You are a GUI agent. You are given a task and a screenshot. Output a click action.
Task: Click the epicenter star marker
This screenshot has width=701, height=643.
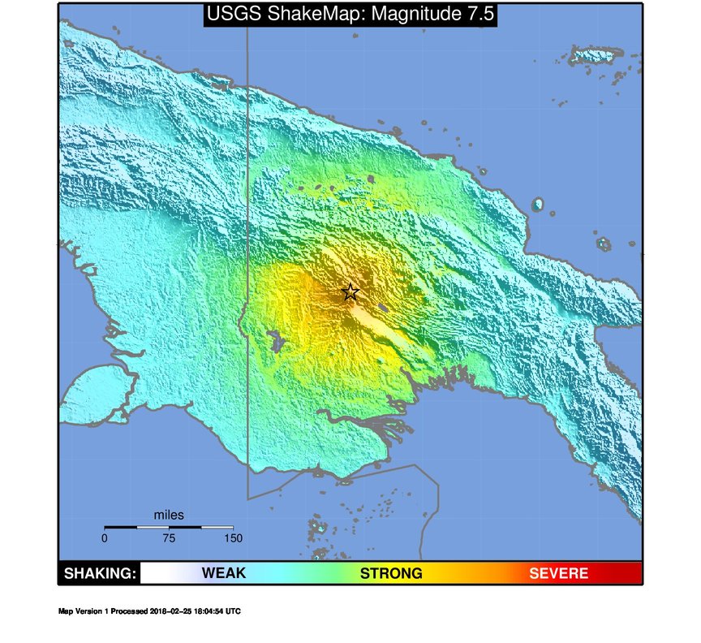point(350,291)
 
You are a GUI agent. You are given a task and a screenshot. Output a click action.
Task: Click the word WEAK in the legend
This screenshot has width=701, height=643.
point(224,573)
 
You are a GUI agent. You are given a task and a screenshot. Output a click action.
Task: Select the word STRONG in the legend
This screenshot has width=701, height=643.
point(391,573)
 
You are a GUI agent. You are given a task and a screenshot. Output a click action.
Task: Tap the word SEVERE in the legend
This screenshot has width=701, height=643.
point(558,573)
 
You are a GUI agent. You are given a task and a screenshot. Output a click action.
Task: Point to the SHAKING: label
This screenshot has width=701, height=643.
point(99,573)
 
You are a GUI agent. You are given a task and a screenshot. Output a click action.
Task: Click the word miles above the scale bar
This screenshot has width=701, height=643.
point(169,515)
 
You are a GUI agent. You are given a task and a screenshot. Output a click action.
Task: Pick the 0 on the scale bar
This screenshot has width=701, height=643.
point(105,537)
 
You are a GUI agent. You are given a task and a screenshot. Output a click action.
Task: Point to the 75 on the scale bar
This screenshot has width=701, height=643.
point(169,537)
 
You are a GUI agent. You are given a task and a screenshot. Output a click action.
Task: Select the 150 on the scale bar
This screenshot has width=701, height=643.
point(233,537)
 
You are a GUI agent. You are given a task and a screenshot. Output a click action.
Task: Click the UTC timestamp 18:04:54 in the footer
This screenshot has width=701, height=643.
point(207,611)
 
